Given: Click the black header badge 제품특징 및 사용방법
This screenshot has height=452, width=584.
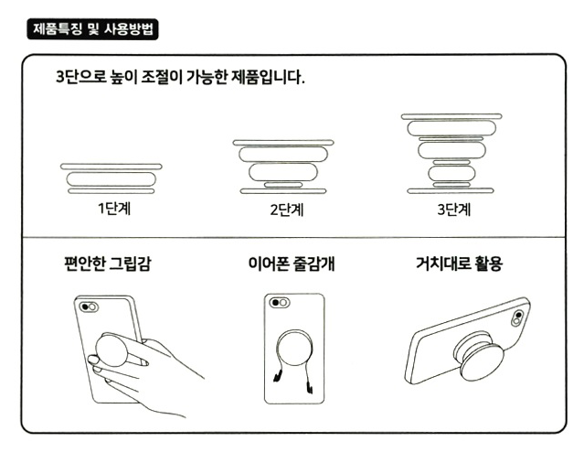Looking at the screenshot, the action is click(92, 29).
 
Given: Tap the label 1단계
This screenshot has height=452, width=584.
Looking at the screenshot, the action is click(114, 209).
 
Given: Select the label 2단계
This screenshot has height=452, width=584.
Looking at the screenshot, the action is click(287, 210).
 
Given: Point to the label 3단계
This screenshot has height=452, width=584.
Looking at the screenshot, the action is click(454, 210).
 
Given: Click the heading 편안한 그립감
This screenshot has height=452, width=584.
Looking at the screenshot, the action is click(108, 264).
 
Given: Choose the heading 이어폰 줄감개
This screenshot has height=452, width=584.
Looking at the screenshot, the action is click(292, 264).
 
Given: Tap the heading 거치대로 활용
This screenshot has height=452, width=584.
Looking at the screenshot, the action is click(460, 264).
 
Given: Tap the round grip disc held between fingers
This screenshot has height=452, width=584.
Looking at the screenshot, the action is click(111, 350).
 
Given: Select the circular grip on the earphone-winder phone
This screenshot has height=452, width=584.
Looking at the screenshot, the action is click(294, 349).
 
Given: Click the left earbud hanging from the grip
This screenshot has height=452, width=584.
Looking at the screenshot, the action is click(277, 376).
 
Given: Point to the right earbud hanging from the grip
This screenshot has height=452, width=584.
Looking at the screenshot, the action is click(310, 386).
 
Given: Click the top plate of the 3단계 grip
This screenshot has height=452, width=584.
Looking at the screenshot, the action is click(451, 117).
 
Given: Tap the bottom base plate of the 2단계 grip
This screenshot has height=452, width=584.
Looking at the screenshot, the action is click(283, 191).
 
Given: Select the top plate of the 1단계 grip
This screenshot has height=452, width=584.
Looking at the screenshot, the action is click(111, 167).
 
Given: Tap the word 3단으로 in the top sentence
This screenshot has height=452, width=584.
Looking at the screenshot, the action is click(81, 78).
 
